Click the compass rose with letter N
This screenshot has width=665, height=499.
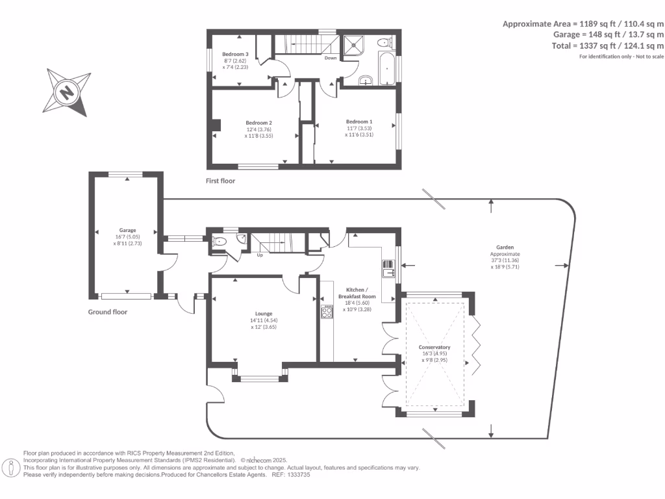(66, 92)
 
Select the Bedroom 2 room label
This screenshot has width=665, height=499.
(258, 123)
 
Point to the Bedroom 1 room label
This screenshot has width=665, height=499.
(359, 122)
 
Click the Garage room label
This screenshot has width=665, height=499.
(127, 230)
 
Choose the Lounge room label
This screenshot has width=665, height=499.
(264, 313)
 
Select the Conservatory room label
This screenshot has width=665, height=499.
(434, 347)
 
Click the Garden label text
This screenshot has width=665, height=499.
(505, 248)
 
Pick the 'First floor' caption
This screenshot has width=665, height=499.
(221, 181)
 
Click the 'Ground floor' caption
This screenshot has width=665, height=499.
(108, 312)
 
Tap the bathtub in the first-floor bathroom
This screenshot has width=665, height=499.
(383, 70)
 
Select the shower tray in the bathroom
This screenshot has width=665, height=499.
(353, 44)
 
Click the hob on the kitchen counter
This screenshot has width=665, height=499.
(327, 313)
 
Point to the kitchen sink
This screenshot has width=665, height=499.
(389, 268)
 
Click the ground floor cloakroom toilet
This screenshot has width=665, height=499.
(220, 241)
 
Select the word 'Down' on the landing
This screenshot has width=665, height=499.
(330, 58)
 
